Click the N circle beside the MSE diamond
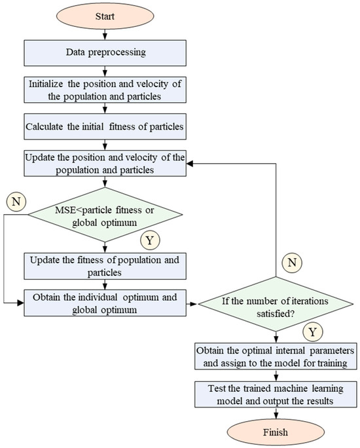(x=16, y=198)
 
